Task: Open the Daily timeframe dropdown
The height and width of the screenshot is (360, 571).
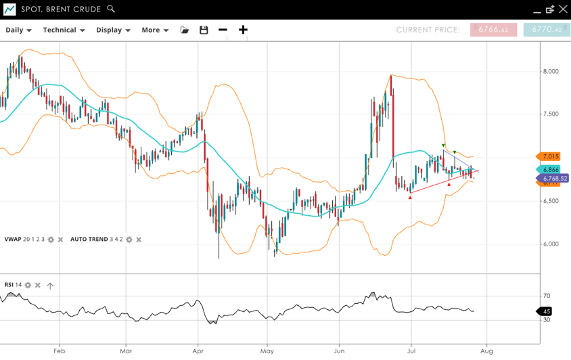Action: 18,30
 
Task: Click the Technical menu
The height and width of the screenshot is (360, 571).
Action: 64,30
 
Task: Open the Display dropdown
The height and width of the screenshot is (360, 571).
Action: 113,30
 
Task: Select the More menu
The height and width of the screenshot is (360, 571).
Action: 155,30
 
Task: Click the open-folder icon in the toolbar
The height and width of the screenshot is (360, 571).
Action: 185,30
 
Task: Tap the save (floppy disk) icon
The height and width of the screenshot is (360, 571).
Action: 204,30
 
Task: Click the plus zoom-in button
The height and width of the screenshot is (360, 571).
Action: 243,30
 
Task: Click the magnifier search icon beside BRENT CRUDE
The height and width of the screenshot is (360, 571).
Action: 111,9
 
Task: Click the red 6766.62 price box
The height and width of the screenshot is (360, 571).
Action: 493,30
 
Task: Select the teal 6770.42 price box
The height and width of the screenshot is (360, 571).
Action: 547,30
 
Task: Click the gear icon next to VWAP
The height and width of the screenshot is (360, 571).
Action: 51,240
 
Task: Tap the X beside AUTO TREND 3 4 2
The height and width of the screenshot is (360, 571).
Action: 139,240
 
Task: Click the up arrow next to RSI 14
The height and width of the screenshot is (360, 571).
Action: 50,286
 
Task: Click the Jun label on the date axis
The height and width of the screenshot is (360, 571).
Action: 339,351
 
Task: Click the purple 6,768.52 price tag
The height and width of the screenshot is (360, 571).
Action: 553,179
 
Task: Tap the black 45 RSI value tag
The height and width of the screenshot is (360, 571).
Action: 545,311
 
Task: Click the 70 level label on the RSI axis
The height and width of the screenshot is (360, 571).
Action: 547,296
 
